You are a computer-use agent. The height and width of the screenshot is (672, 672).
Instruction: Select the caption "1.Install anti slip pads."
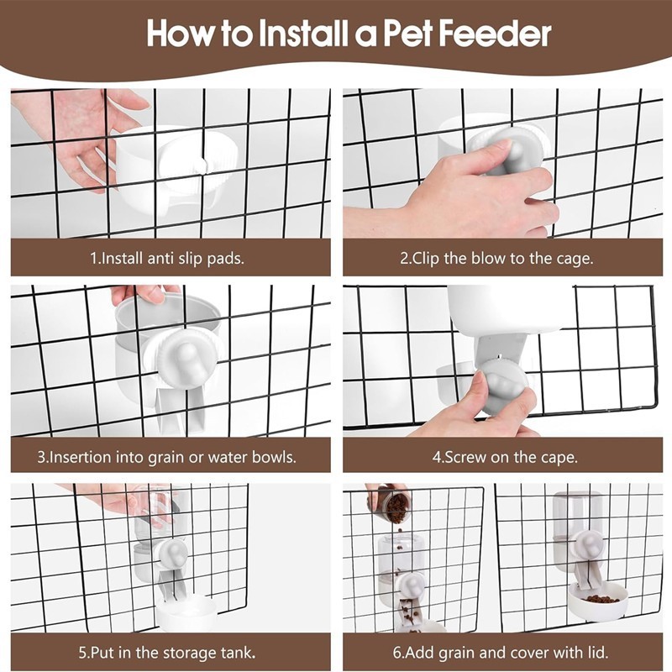[167, 258]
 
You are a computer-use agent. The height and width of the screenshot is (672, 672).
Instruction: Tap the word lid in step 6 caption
[599, 653]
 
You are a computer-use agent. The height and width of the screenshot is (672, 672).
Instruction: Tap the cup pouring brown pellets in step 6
[391, 504]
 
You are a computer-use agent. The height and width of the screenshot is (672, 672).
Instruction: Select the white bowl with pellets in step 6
[597, 601]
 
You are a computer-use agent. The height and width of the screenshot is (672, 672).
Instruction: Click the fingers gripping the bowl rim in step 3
[144, 295]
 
